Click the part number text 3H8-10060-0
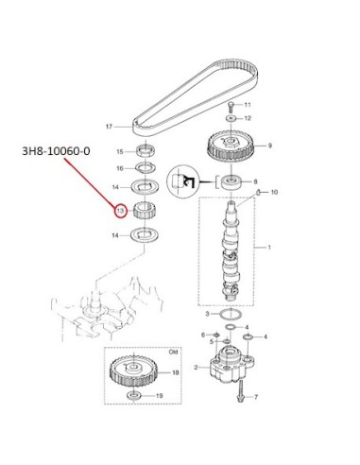point(56,151)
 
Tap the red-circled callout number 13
point(120,212)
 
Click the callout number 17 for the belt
point(109,127)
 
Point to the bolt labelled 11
point(231,107)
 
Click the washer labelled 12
point(231,118)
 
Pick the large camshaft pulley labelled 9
point(231,146)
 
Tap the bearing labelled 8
point(232,182)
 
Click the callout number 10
point(274,192)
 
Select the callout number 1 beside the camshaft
point(269,248)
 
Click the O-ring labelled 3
point(231,315)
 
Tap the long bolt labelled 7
point(241,391)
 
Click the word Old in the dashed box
point(173,352)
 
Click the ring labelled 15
point(146,149)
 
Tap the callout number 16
point(120,168)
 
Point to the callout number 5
point(212,342)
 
